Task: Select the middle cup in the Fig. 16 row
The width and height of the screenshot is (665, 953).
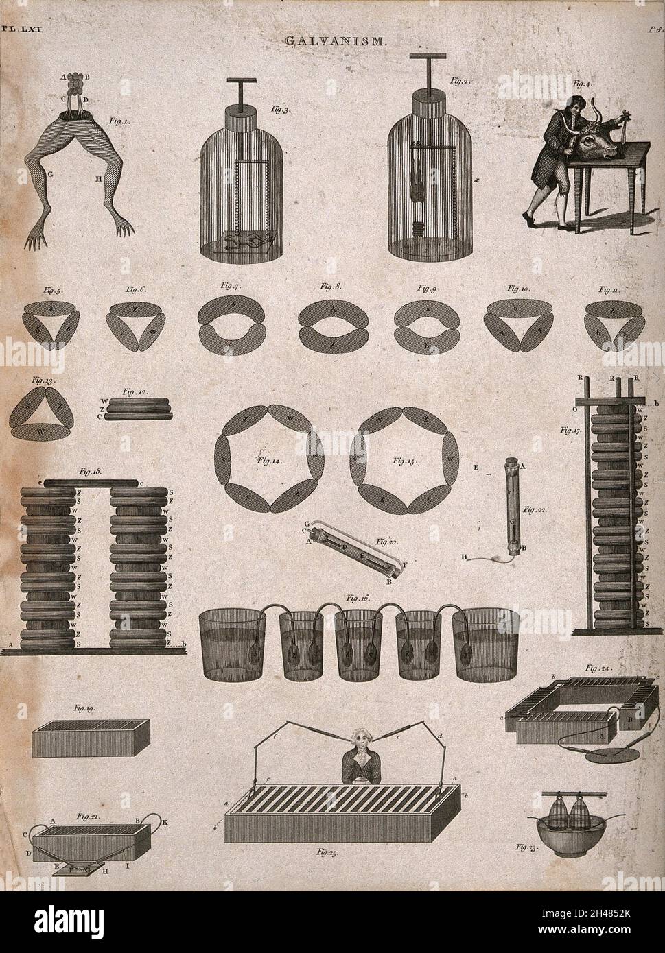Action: (x=359, y=644)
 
